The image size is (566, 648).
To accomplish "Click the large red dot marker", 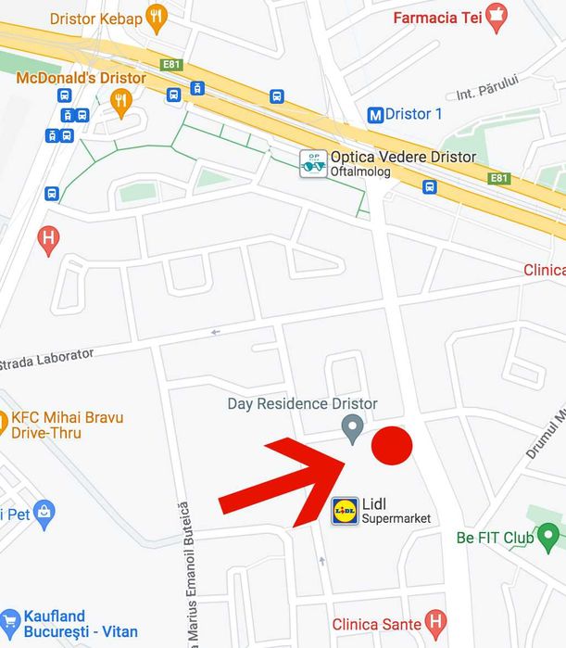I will [392, 446].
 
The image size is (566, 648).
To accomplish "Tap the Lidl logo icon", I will [345, 511].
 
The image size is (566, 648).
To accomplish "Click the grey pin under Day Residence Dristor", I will [352, 428].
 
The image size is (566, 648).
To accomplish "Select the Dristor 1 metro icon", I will [375, 115].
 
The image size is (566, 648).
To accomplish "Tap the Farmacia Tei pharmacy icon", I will [497, 17].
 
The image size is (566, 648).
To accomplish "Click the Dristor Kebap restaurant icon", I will [156, 17].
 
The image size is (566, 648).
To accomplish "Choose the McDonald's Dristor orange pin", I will [120, 101].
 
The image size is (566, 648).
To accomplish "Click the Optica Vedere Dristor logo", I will [313, 163].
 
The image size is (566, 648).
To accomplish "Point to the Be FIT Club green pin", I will [550, 537].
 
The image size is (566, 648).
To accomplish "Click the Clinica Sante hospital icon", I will [434, 622].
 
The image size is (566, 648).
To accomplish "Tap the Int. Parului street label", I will [487, 89].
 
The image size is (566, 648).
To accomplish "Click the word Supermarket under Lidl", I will [396, 519].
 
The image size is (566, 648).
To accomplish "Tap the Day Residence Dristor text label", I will [303, 404].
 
